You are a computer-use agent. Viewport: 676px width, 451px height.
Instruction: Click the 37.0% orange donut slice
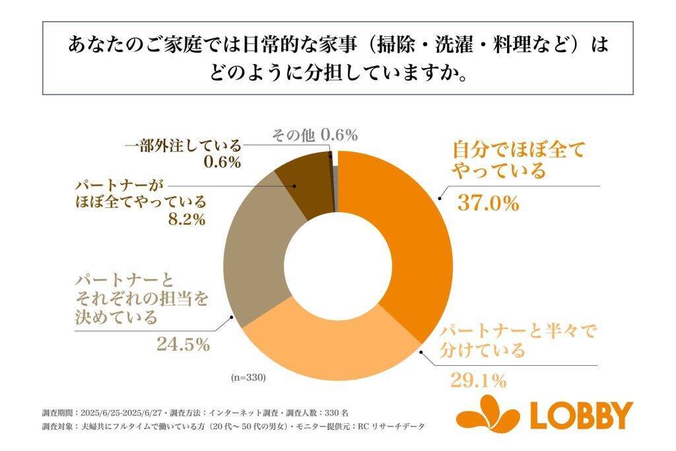click(x=409, y=231)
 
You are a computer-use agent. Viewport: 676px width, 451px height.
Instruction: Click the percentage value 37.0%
click(x=488, y=203)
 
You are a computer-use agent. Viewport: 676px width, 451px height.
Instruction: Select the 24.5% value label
click(x=183, y=344)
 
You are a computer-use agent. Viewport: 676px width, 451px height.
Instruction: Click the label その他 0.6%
click(x=315, y=136)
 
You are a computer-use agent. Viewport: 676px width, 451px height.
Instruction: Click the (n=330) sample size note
click(x=248, y=378)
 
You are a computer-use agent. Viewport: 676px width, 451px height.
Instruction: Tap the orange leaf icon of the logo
click(x=487, y=413)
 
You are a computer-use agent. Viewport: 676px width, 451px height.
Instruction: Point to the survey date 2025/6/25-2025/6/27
click(x=126, y=412)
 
